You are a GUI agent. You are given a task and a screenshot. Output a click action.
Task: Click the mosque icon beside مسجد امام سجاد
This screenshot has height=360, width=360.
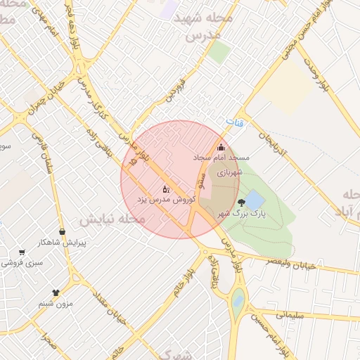(221, 147)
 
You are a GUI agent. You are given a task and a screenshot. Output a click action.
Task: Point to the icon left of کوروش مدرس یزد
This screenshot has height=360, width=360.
(166, 189)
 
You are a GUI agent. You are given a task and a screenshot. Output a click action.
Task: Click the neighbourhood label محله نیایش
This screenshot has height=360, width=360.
(112, 219)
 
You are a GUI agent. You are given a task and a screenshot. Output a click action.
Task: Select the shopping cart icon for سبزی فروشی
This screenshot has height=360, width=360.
(22, 252)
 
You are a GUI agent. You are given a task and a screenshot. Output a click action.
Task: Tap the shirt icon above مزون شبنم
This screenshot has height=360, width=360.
(56, 292)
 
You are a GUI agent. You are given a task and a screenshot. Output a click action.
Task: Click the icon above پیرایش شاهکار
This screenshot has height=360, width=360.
(63, 231)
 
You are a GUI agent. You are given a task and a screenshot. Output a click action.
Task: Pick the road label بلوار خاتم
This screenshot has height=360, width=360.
(179, 282)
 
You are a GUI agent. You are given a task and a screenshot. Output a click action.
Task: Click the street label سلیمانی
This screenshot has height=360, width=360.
(290, 316)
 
